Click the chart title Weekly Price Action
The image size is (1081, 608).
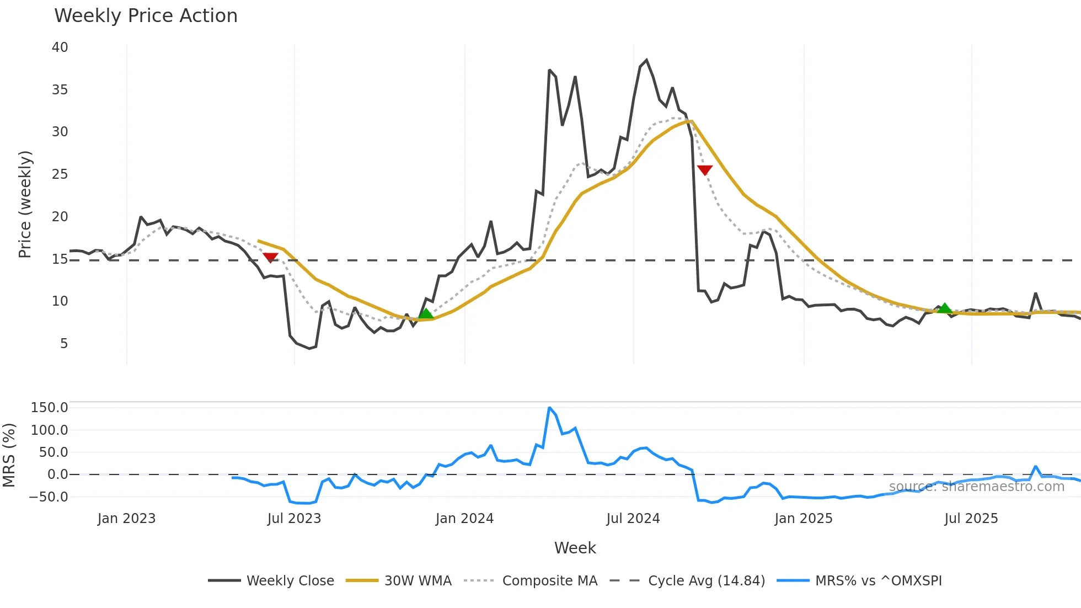[146, 16]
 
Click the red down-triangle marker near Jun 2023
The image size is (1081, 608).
[270, 258]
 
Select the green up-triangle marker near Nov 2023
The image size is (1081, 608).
[426, 314]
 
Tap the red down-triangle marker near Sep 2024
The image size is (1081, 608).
[705, 170]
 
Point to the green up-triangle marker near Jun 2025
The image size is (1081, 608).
[945, 308]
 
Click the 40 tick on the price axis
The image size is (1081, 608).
[60, 47]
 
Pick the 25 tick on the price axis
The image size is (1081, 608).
[60, 174]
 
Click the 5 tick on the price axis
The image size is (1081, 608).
[64, 344]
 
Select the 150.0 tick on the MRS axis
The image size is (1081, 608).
[50, 408]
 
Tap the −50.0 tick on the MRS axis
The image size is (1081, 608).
[49, 497]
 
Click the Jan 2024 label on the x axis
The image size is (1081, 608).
[464, 519]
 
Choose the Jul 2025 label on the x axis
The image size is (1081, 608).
[971, 519]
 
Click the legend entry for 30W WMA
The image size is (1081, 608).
[418, 581]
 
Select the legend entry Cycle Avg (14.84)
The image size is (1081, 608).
[706, 581]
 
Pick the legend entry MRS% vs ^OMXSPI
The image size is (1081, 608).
[878, 581]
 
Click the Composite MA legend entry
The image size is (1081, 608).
[549, 581]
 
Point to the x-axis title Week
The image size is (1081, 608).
[575, 548]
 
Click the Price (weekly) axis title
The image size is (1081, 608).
[25, 204]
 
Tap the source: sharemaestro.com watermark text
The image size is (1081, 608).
[976, 487]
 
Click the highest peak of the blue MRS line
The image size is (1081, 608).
[549, 408]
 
